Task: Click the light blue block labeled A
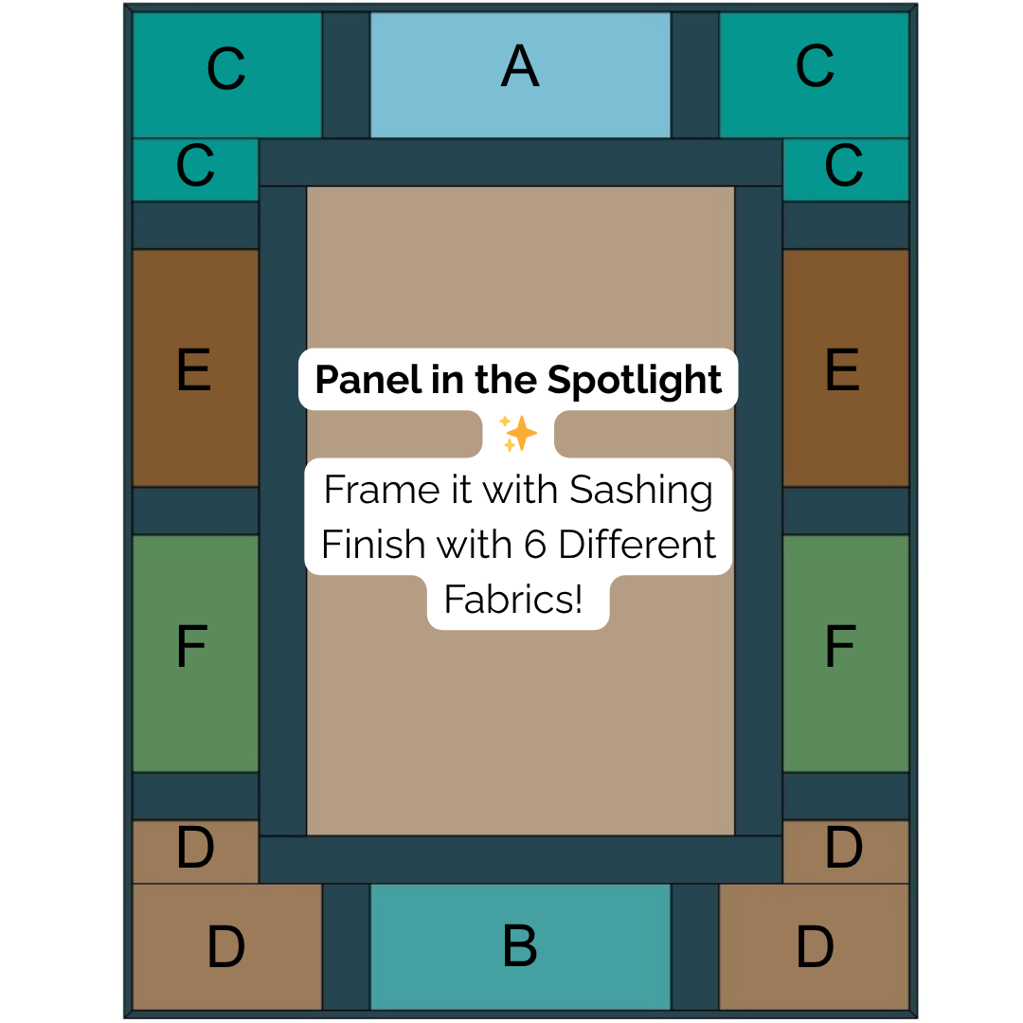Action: click(x=520, y=74)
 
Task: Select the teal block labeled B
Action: click(x=520, y=946)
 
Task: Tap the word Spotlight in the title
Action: click(x=635, y=380)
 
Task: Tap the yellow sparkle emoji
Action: click(x=518, y=434)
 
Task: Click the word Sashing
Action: click(x=641, y=491)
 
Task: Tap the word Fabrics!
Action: click(x=513, y=600)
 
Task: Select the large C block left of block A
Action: click(x=226, y=74)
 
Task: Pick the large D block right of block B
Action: click(x=814, y=946)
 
